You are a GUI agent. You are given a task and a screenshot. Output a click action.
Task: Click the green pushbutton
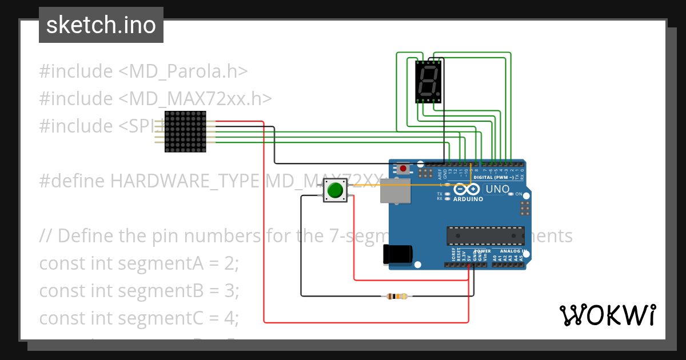(335, 190)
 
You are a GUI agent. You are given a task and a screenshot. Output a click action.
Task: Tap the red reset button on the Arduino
(404, 169)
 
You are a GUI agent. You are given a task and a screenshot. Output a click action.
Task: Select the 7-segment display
(428, 82)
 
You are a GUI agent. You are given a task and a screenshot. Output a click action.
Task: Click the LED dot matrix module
(185, 131)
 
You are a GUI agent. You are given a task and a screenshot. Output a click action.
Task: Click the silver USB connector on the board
(396, 190)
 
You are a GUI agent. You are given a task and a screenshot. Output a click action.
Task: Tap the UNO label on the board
(497, 189)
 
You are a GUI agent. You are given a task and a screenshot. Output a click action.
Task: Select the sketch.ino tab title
(101, 25)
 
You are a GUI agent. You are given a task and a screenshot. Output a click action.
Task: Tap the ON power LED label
(519, 194)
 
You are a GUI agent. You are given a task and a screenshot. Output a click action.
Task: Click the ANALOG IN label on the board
(510, 251)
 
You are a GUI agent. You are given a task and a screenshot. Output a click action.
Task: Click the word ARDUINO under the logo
(468, 199)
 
